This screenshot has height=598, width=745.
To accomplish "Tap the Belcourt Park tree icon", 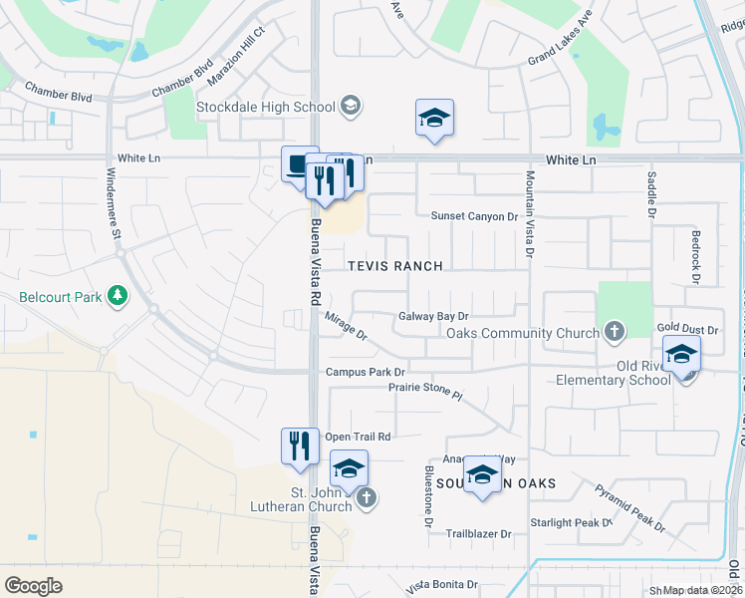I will (x=118, y=296).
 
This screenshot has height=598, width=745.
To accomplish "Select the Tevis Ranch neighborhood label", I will (x=394, y=266).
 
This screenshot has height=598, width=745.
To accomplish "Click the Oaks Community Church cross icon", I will (x=615, y=332).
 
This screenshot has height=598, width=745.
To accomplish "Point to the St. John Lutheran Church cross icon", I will (x=367, y=498).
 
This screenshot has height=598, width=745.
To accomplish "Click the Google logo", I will (x=33, y=585).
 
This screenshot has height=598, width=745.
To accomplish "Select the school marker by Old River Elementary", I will (x=682, y=356).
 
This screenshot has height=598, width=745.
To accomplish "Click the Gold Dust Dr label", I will (x=687, y=328).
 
